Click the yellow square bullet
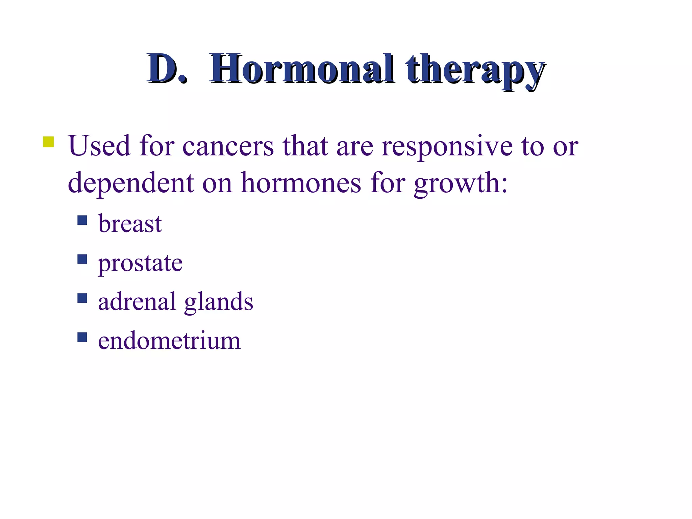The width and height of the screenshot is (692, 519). [48, 142]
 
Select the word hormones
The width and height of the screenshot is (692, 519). [301, 183]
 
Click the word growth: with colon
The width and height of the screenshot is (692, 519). [461, 184]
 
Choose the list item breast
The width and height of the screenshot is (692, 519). [130, 224]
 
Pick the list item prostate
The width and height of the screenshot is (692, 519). [140, 264]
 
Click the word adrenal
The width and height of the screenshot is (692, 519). [137, 301]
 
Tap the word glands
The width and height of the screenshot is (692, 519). [219, 302]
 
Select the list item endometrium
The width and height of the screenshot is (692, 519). [169, 341]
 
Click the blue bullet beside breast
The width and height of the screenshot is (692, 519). [82, 220]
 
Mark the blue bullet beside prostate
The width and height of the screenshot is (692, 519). [82, 259]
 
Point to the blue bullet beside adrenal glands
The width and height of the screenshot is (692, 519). [82, 298]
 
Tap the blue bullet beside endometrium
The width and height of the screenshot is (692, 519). [82, 337]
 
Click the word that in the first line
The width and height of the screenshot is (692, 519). [305, 146]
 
